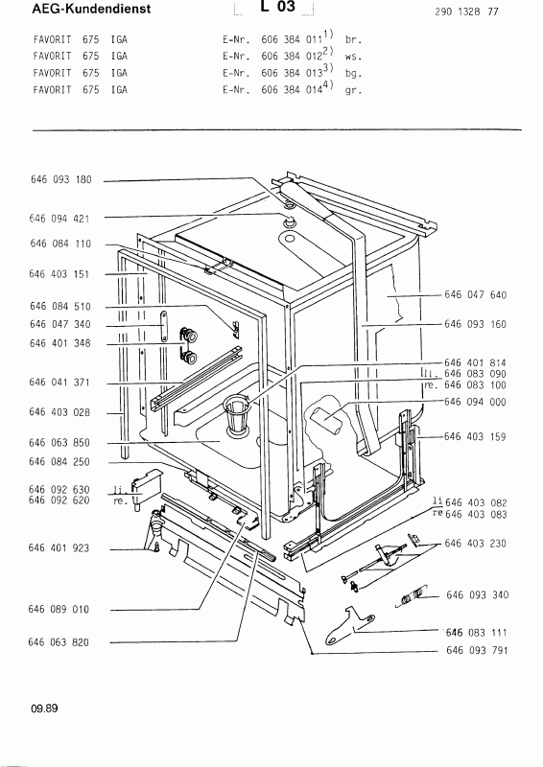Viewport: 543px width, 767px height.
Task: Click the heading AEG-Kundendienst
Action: [x=91, y=9]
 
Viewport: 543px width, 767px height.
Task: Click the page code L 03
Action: [x=277, y=7]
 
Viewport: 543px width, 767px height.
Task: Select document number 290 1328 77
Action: [x=466, y=12]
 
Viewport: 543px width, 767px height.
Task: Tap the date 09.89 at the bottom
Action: [x=44, y=708]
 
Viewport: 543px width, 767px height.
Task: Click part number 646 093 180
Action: [x=60, y=179]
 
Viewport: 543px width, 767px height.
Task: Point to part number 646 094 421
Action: [x=59, y=219]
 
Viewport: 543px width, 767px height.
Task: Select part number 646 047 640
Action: [x=475, y=294]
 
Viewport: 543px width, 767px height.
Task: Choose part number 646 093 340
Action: [x=478, y=594]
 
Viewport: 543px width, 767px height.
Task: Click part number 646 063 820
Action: [x=59, y=642]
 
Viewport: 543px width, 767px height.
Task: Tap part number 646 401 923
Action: [x=59, y=547]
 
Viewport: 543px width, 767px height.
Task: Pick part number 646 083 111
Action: [x=477, y=633]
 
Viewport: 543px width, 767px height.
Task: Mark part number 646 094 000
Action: [x=475, y=402]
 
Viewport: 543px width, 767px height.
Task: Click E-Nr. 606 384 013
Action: [x=271, y=73]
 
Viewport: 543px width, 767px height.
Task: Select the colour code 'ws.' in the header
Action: [x=353, y=57]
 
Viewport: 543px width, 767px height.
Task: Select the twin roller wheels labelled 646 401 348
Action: [x=188, y=346]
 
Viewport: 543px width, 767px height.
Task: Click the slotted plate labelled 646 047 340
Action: [x=164, y=326]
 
